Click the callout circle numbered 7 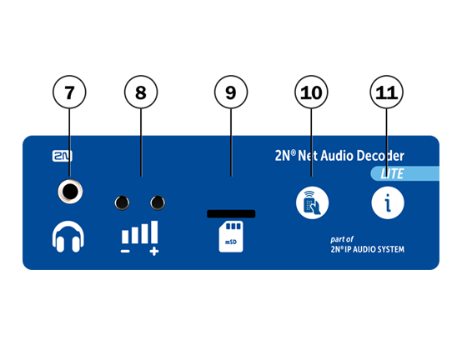[x=69, y=92]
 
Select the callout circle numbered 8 [x=141, y=92]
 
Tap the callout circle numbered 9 [x=231, y=92]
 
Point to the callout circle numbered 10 [x=311, y=92]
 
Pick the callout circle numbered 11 [x=387, y=92]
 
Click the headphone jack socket [x=70, y=192]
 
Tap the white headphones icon [x=68, y=237]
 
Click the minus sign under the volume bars [x=125, y=252]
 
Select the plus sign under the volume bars [x=154, y=252]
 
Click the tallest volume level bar [x=154, y=232]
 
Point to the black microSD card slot [x=231, y=213]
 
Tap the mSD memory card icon [x=231, y=237]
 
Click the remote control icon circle [x=312, y=202]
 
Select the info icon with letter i [x=388, y=202]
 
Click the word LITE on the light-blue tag [x=392, y=174]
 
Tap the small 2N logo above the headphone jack [x=63, y=156]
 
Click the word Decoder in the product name [x=380, y=156]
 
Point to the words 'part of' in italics [x=342, y=239]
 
